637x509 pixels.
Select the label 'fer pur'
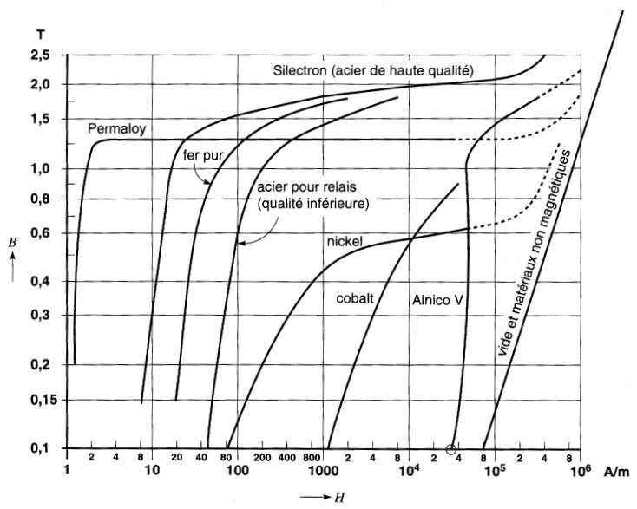200,156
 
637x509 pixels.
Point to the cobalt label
355,297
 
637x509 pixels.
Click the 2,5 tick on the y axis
41,55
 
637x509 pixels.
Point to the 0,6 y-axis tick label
41,232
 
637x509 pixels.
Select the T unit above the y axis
41,35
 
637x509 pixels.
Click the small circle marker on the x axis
450,448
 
